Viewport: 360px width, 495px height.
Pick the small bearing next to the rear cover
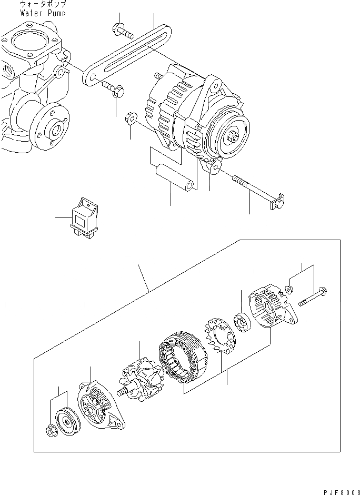[243, 323]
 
